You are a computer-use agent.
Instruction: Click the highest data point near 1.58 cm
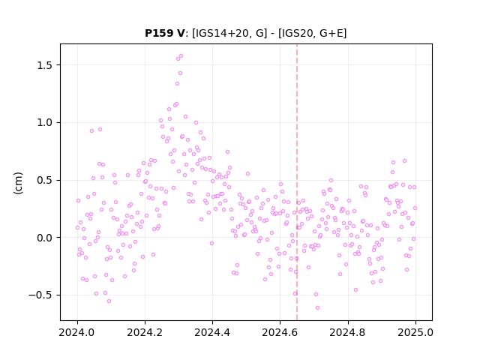point(181,56)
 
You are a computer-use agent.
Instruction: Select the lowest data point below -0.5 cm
point(317,308)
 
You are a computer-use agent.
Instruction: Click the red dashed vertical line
point(297,182)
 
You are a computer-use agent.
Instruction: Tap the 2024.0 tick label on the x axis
point(77,332)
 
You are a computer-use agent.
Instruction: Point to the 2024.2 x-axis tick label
point(145,332)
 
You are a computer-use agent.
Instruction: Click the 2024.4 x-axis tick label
point(212,332)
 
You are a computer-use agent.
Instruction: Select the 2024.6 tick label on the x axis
point(280,332)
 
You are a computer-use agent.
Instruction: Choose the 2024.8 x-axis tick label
point(347,332)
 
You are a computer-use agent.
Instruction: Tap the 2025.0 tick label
point(415,332)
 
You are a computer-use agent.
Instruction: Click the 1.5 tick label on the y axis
point(45,65)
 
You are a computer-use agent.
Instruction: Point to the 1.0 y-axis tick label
point(45,123)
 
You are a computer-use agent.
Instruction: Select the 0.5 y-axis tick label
point(45,180)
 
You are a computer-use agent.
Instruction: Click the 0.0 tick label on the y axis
point(45,238)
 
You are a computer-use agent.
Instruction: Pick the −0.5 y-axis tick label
point(40,295)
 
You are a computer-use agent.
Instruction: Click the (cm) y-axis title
point(18,183)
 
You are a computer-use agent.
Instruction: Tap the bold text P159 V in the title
point(165,33)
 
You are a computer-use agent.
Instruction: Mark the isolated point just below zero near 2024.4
point(211,243)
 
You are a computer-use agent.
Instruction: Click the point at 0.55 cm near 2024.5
point(247,173)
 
